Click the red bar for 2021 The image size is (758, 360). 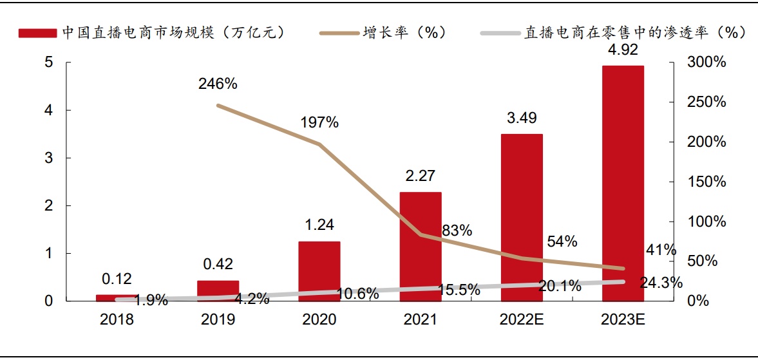click(x=421, y=246)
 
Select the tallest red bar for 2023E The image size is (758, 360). click(x=623, y=183)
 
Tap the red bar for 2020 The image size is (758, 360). click(x=319, y=270)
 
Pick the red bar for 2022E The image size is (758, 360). click(x=522, y=217)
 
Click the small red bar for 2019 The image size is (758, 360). click(x=218, y=290)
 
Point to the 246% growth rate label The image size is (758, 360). click(x=218, y=84)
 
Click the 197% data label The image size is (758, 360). click(x=319, y=123)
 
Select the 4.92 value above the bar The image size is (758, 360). click(x=623, y=50)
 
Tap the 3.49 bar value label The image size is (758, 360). click(x=522, y=118)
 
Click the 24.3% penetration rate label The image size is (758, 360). click(x=661, y=282)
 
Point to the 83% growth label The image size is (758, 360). click(x=457, y=230)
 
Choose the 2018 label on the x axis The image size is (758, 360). click(x=117, y=319)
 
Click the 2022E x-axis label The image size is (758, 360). click(x=522, y=319)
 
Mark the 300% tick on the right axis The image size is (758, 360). click(x=706, y=62)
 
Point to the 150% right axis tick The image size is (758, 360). click(x=706, y=182)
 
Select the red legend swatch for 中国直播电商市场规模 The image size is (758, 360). click(x=37, y=33)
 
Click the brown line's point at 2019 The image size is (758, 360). click(x=218, y=105)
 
